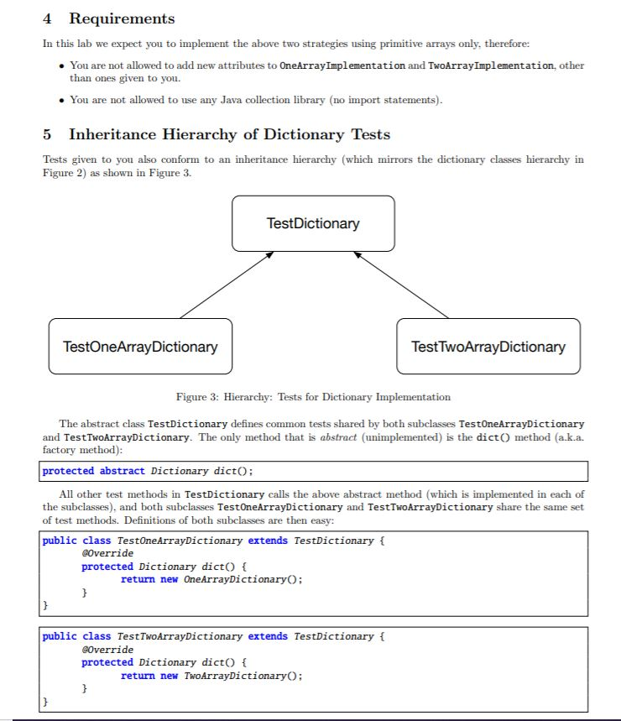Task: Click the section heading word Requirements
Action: click(122, 18)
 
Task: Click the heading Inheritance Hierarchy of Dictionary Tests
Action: click(229, 134)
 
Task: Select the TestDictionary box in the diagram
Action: click(313, 223)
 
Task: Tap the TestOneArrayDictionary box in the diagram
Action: click(140, 346)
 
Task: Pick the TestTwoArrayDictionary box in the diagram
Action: click(488, 346)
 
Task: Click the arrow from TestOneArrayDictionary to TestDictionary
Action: click(227, 285)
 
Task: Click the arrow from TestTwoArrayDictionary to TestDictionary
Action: click(401, 285)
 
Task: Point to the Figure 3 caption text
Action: click(313, 397)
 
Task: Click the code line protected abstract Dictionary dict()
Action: click(148, 471)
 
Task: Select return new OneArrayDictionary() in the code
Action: click(211, 579)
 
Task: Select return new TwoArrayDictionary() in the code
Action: click(211, 676)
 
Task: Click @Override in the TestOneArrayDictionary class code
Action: click(107, 553)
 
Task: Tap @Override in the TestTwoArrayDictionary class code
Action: click(107, 650)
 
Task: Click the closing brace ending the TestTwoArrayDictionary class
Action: click(46, 700)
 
